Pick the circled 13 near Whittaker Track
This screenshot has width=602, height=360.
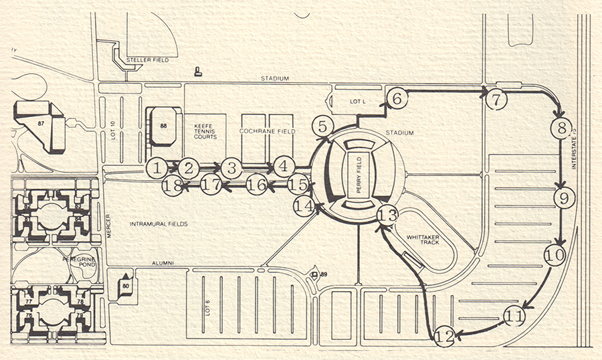[x=387, y=215]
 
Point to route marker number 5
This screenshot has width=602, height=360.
[x=322, y=126]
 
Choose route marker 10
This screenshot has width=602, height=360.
[x=555, y=255]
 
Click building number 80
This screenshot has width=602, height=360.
[x=125, y=284]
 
